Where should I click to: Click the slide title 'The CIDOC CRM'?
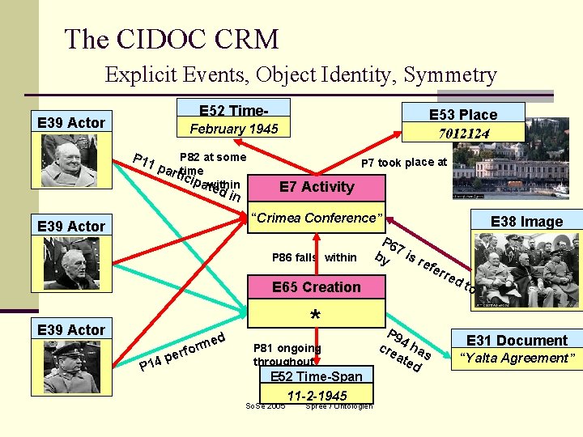click(171, 39)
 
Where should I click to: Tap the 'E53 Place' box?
click(463, 114)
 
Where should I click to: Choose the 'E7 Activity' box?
click(317, 187)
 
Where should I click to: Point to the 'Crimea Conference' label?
click(316, 218)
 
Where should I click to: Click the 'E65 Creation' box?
click(317, 287)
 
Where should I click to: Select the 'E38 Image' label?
click(526, 222)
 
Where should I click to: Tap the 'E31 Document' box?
click(517, 341)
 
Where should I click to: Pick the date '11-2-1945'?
click(317, 396)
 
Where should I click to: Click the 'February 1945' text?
click(233, 129)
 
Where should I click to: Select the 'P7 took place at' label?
click(403, 163)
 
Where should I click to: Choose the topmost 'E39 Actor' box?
click(71, 122)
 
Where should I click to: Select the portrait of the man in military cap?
click(71, 367)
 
